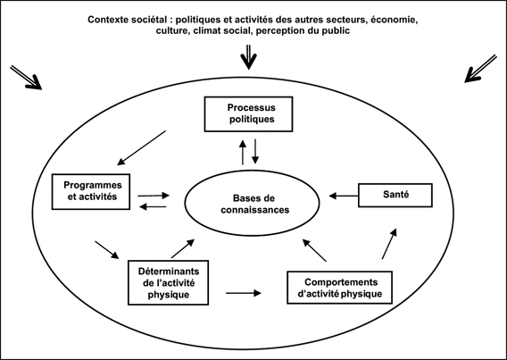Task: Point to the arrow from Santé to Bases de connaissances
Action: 344,196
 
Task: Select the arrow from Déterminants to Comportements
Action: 244,293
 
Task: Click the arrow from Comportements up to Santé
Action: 389,244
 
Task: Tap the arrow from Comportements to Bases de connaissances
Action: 314,250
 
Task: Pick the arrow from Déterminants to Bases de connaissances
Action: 183,248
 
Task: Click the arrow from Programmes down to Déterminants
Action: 107,250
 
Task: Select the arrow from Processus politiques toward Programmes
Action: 141,148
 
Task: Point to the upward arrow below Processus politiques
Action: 243,153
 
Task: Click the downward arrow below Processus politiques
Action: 255,151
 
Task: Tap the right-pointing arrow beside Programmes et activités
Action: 154,196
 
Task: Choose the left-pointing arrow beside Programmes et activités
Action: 153,206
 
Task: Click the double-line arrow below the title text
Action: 248,57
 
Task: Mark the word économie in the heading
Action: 394,20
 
